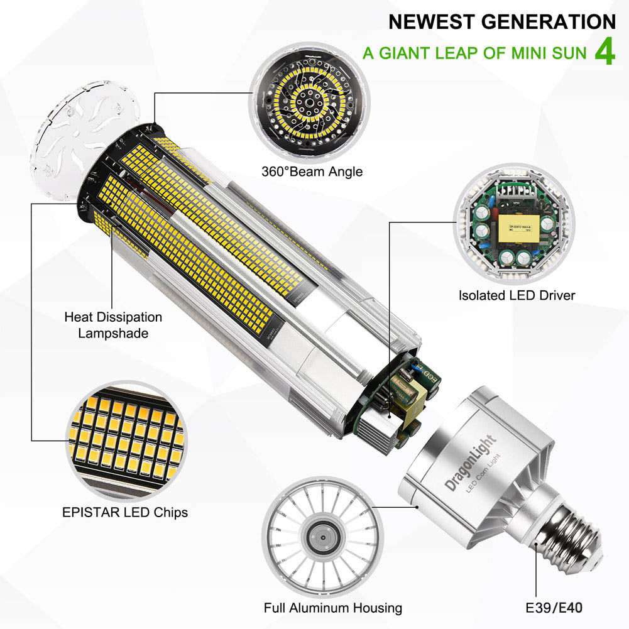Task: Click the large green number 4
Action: (x=604, y=53)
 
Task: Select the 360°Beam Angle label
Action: (x=312, y=171)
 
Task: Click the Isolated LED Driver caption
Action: (x=517, y=295)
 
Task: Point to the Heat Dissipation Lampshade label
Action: (x=113, y=325)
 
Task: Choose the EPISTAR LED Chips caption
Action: (x=125, y=512)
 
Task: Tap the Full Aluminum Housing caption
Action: (x=333, y=608)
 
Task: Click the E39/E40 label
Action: (x=555, y=608)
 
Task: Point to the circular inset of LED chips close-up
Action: (x=126, y=440)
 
